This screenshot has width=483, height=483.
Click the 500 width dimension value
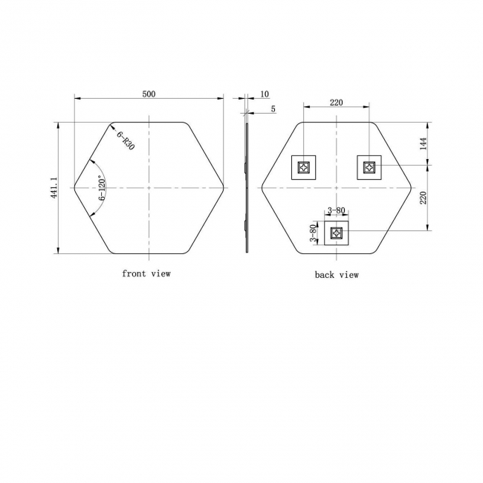[149, 94]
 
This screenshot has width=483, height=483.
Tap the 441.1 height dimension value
[53, 187]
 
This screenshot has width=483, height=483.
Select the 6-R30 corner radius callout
[125, 140]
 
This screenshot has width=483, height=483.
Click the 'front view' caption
[146, 273]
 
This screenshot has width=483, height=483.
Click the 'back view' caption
[336, 275]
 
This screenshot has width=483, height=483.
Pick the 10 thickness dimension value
[265, 94]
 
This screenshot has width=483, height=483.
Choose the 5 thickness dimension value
[273, 109]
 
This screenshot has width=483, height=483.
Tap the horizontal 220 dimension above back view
[336, 103]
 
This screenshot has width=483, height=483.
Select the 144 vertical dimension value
[424, 144]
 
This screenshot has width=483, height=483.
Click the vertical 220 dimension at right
[424, 197]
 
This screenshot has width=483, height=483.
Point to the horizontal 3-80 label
[336, 211]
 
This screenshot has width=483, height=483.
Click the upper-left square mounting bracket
[303, 167]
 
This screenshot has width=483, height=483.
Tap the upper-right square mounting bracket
[369, 167]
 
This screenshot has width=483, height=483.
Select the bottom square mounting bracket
[337, 234]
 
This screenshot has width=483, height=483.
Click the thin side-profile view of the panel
[247, 187]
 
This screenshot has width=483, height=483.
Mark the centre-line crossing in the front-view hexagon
[149, 187]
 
